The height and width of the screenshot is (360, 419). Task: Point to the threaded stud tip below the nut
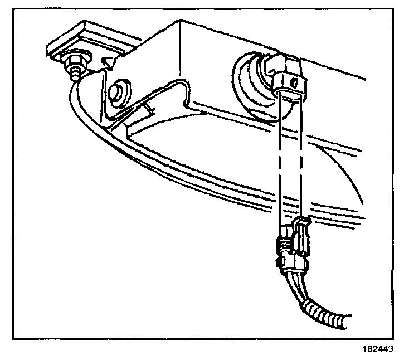(73, 72)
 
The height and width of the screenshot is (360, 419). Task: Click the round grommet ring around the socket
(251, 84)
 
